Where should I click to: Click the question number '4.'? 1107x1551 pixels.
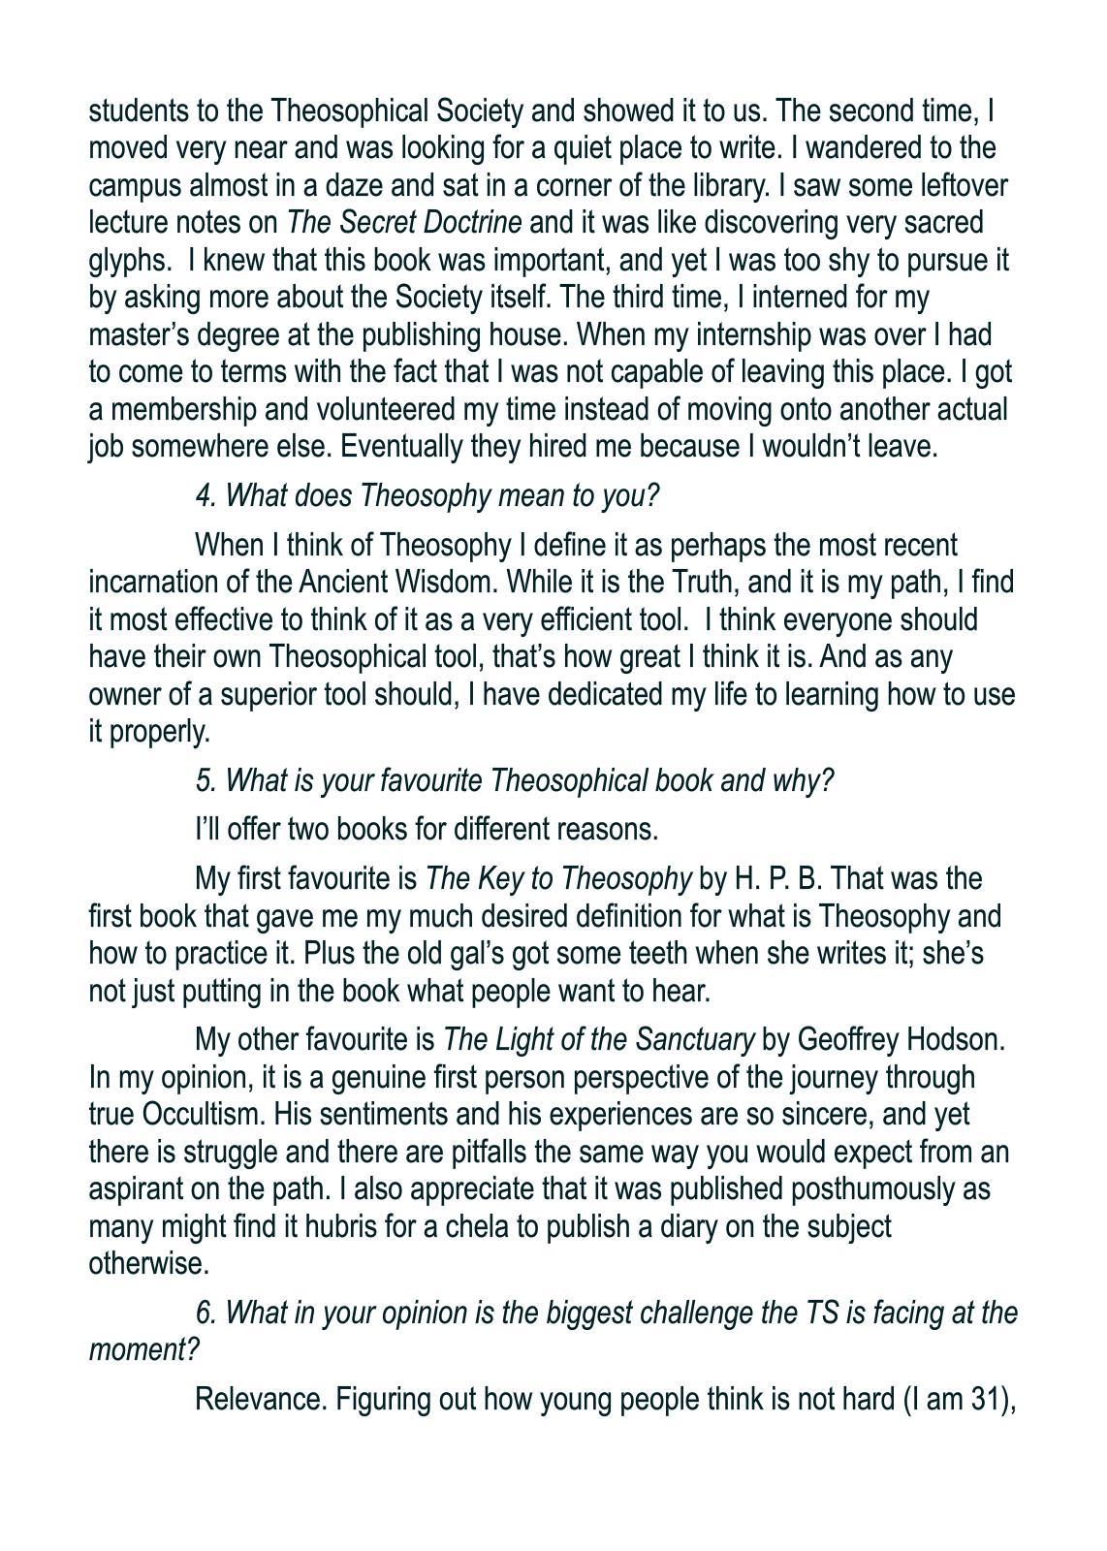pos(206,496)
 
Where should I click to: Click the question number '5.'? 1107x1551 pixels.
pos(206,781)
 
